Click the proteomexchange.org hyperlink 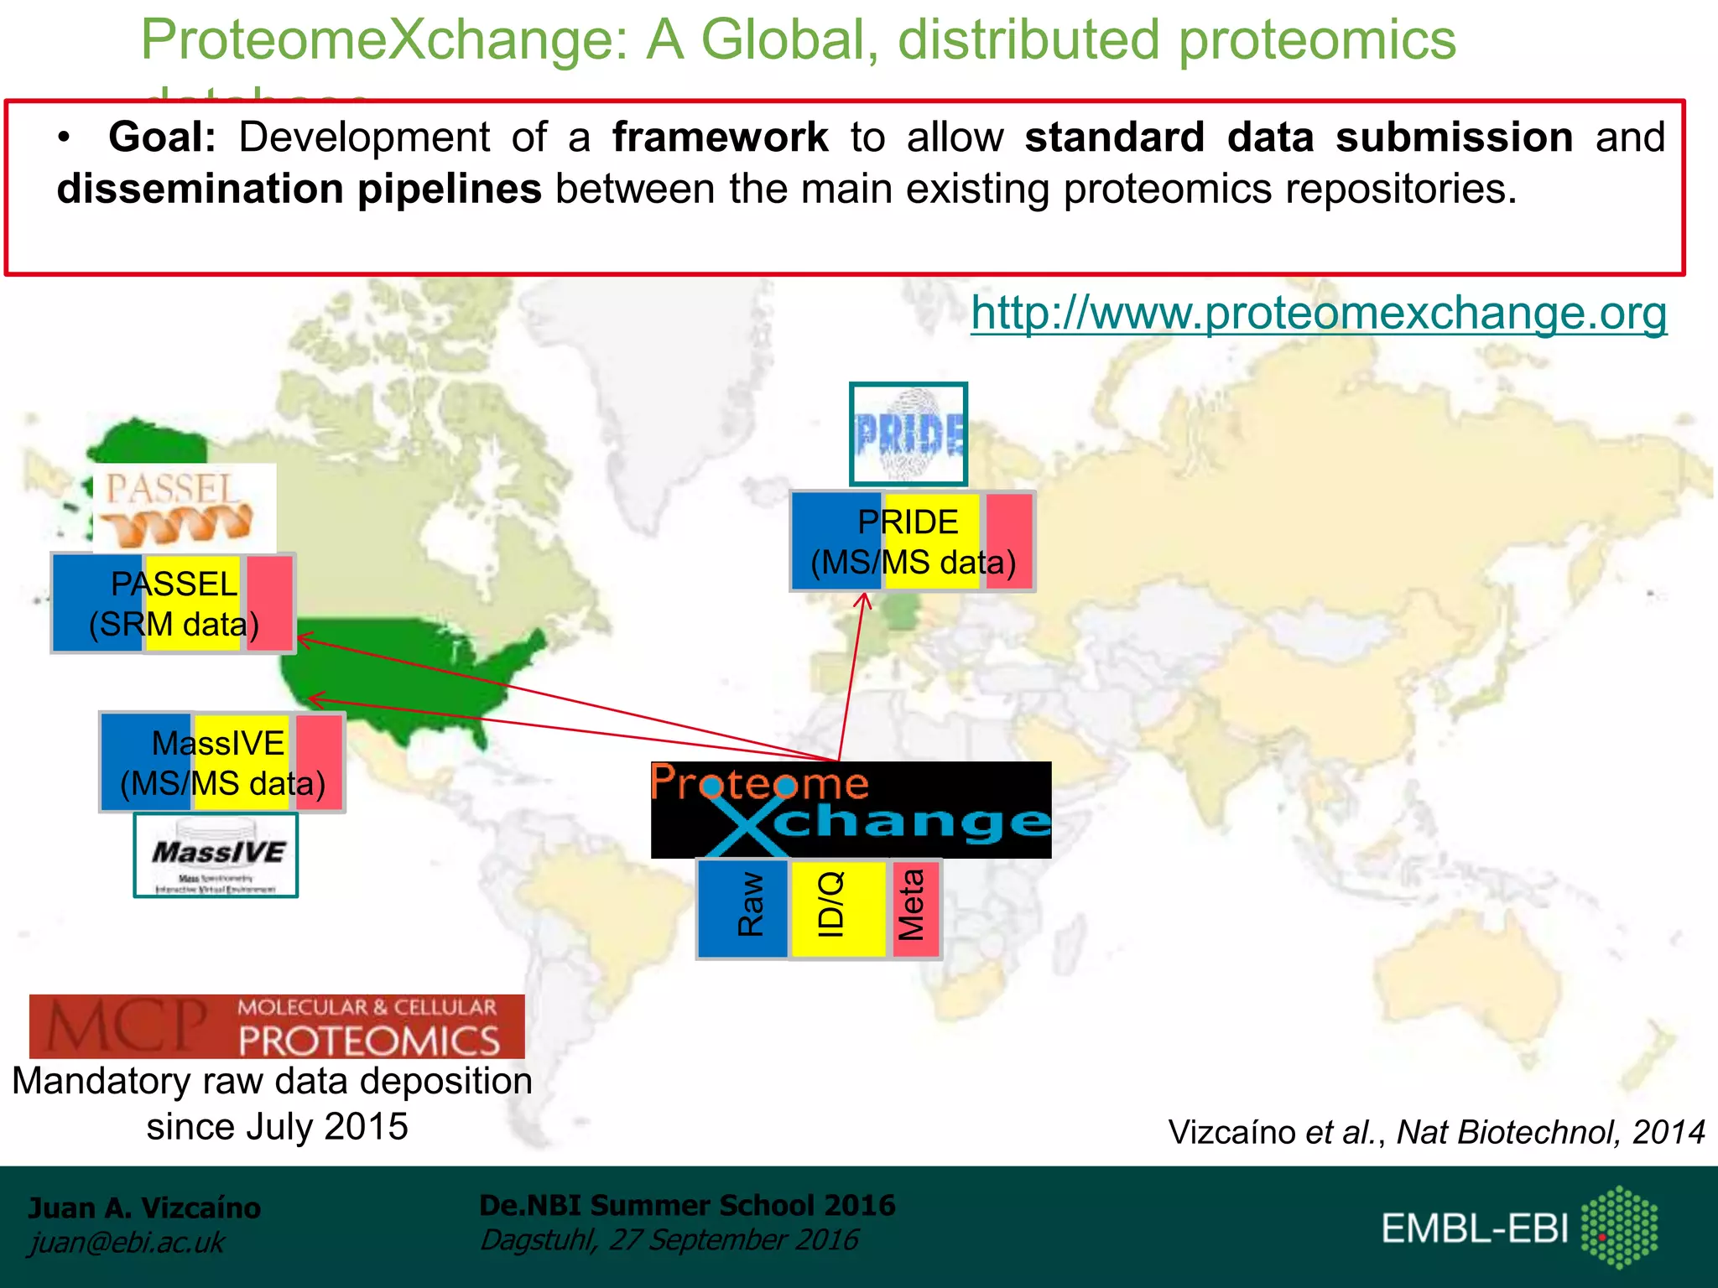point(1319,314)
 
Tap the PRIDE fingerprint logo point(908,434)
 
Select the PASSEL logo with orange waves point(183,507)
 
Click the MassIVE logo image point(216,856)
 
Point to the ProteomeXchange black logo point(851,810)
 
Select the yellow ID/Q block point(837,909)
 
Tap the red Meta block point(914,909)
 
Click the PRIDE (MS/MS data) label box point(913,542)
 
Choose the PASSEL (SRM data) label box point(174,604)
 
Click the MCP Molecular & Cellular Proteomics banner point(277,1026)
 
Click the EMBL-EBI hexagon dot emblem point(1619,1227)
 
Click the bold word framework point(720,138)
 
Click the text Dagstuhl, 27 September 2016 point(669,1239)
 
